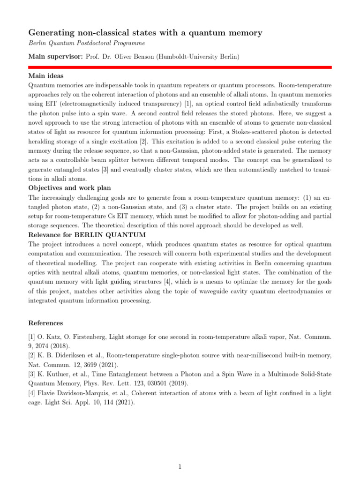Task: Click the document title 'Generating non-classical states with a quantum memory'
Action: coord(145,33)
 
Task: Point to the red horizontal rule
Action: coord(180,67)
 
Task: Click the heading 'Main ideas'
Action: coord(46,76)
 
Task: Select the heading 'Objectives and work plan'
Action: coord(69,188)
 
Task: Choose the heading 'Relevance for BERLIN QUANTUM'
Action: coord(87,234)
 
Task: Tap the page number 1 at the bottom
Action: coord(180,466)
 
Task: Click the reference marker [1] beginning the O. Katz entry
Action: coord(32,337)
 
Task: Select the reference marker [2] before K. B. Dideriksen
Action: coord(32,356)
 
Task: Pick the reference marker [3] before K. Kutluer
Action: coord(32,375)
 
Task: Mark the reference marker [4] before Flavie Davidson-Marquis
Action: coord(32,394)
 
